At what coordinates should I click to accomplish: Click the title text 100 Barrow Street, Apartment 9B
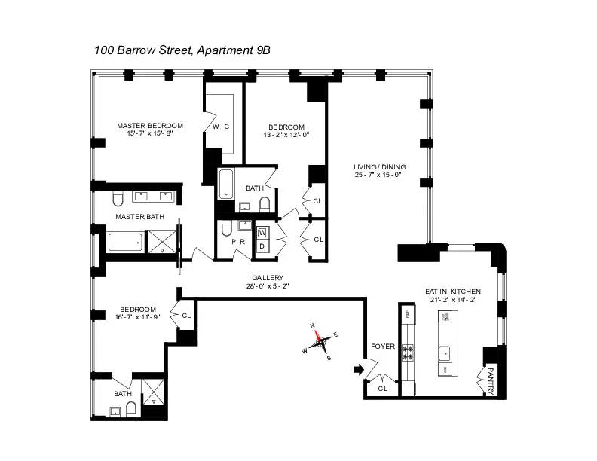point(182,50)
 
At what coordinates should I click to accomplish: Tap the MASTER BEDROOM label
point(149,125)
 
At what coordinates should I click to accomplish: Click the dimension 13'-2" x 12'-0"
point(286,136)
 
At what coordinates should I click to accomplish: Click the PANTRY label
point(491,379)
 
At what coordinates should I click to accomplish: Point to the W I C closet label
point(220,126)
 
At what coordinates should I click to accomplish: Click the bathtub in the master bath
point(125,243)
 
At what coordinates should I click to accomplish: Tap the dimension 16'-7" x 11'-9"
point(137,318)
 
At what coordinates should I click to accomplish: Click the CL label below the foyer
point(383,389)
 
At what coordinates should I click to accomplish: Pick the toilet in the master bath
point(117,198)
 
